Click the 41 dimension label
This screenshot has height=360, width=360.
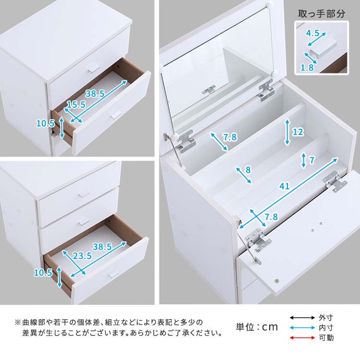point(285,186)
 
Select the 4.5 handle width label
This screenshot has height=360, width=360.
point(313,34)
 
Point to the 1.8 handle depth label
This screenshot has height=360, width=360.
point(307,68)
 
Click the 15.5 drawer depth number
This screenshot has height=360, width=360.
point(76,104)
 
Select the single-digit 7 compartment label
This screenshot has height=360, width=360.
point(312,160)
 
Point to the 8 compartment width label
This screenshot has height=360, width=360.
point(248,169)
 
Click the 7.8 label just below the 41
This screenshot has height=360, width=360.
point(272,216)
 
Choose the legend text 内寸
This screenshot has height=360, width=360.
point(326,328)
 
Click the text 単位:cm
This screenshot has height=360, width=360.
point(257,327)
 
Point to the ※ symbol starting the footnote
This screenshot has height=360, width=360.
point(18,322)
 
